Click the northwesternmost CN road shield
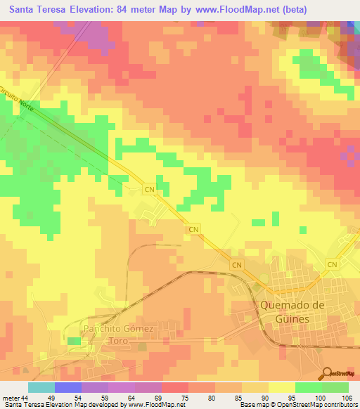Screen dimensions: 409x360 149,190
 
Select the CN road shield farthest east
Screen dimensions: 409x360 333,264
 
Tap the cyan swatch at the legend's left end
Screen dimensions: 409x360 41,387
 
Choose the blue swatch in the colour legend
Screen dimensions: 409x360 68,387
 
